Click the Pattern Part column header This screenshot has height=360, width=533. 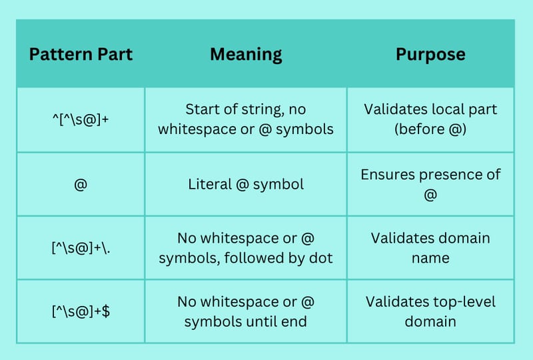(x=81, y=55)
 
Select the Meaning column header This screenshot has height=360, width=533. (x=246, y=55)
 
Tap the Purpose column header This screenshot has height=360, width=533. (x=430, y=55)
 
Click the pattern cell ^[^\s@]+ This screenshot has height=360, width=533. (x=81, y=119)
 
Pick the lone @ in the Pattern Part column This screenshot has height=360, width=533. (x=81, y=185)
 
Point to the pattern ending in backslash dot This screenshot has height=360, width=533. (x=81, y=248)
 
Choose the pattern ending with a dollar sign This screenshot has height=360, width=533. (x=81, y=311)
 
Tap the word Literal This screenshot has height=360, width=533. (x=210, y=185)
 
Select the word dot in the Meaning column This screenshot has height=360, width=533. (x=320, y=258)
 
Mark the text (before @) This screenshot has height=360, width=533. (x=430, y=129)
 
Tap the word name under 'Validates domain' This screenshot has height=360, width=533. (x=430, y=258)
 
